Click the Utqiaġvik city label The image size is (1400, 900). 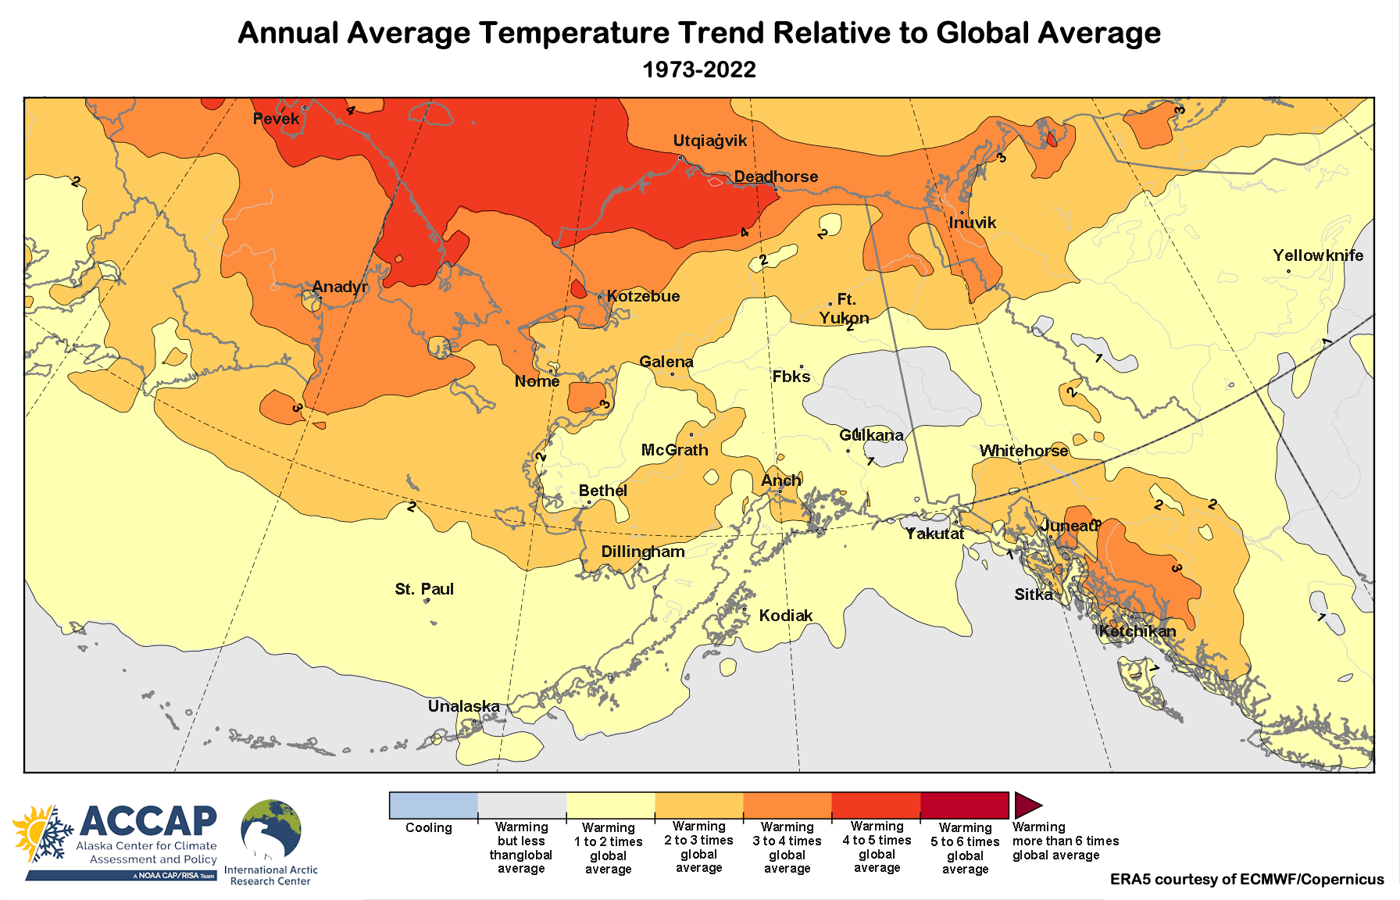(x=709, y=141)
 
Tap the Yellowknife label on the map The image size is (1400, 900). (x=1317, y=255)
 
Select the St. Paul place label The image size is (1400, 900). (x=424, y=589)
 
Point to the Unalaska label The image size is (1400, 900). (x=463, y=706)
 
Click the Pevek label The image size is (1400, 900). (x=276, y=119)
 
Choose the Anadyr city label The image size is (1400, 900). (x=340, y=287)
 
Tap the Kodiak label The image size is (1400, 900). (x=785, y=616)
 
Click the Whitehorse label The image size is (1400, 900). (x=1023, y=451)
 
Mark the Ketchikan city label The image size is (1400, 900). (x=1137, y=631)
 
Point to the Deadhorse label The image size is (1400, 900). (x=776, y=177)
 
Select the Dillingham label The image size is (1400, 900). (x=642, y=552)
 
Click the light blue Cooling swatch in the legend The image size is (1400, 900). (x=434, y=805)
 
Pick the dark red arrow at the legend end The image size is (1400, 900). (x=1027, y=805)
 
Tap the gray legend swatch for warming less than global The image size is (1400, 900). (x=522, y=805)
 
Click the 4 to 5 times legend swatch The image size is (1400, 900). (x=876, y=805)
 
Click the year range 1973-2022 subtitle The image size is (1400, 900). (x=699, y=70)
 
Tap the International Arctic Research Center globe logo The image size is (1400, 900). (x=270, y=830)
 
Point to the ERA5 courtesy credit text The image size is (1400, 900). (x=1246, y=880)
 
